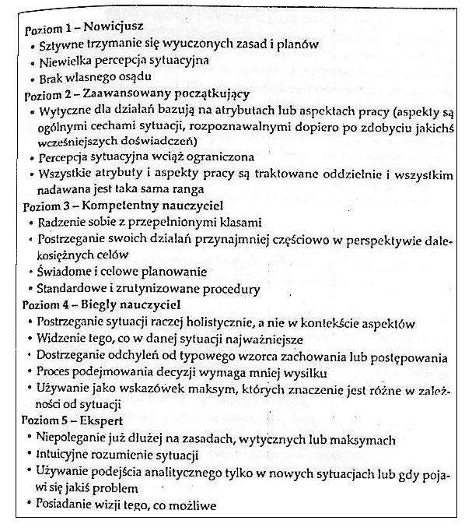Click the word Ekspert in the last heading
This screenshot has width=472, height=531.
(x=89, y=421)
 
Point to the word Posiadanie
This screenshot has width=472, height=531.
(x=64, y=505)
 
